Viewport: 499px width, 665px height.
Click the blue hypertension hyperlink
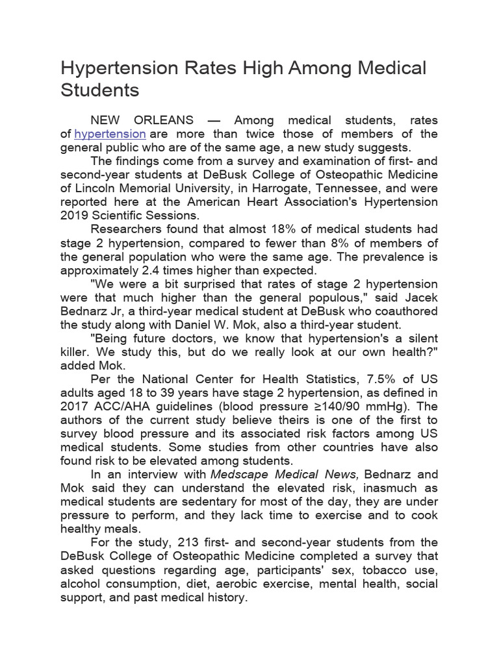[x=110, y=134]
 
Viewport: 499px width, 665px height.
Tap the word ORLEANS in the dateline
[x=163, y=120]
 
